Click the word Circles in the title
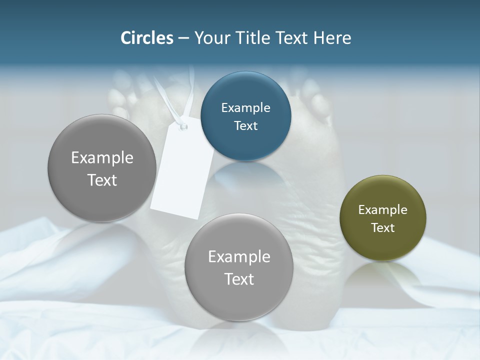click(x=147, y=38)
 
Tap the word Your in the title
click(x=210, y=38)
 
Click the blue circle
click(x=245, y=116)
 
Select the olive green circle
click(x=383, y=218)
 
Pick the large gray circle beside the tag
click(x=102, y=168)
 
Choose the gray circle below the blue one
click(x=239, y=267)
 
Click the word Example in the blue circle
click(x=245, y=107)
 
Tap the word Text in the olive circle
click(x=383, y=227)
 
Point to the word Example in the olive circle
click(x=383, y=209)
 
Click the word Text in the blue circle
click(x=245, y=125)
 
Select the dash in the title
click(x=183, y=38)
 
